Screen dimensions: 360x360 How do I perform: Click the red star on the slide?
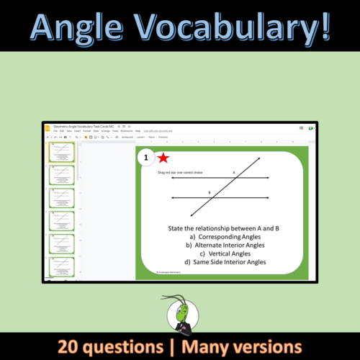[x=163, y=158]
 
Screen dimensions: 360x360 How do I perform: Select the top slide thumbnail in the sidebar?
[x=61, y=151]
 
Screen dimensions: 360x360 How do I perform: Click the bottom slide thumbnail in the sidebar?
[x=61, y=268]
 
